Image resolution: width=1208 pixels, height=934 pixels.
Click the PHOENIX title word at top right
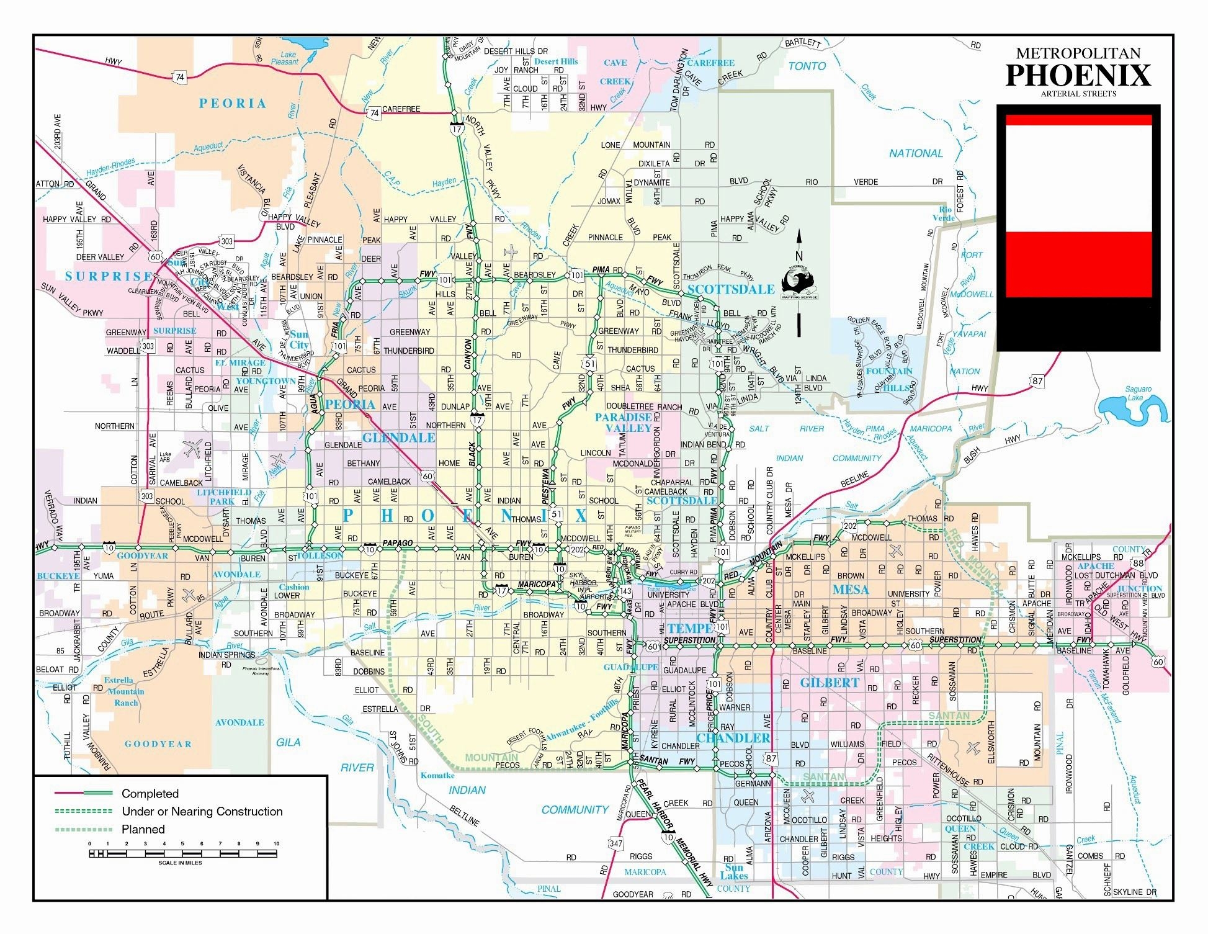coord(1078,75)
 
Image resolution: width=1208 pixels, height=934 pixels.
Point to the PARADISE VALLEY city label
coord(624,423)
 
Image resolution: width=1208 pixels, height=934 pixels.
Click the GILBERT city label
coord(830,683)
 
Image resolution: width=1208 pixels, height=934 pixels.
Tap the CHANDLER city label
coord(733,738)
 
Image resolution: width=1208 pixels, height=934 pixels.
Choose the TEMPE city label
coord(690,628)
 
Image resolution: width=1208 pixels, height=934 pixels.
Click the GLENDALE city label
coord(398,438)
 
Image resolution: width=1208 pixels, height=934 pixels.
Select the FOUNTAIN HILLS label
coord(889,379)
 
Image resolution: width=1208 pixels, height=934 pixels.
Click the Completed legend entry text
coord(150,794)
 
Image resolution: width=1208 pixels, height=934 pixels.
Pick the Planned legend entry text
coord(143,830)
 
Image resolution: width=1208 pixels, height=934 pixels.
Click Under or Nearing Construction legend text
coord(202,812)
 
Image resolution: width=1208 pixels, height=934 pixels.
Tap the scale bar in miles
coord(183,854)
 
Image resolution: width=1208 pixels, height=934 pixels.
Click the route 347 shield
coord(615,843)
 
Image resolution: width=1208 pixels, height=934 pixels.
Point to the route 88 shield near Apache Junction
coord(1138,563)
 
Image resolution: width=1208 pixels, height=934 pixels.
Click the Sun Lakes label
coord(734,871)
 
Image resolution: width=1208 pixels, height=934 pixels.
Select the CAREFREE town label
coord(710,63)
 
